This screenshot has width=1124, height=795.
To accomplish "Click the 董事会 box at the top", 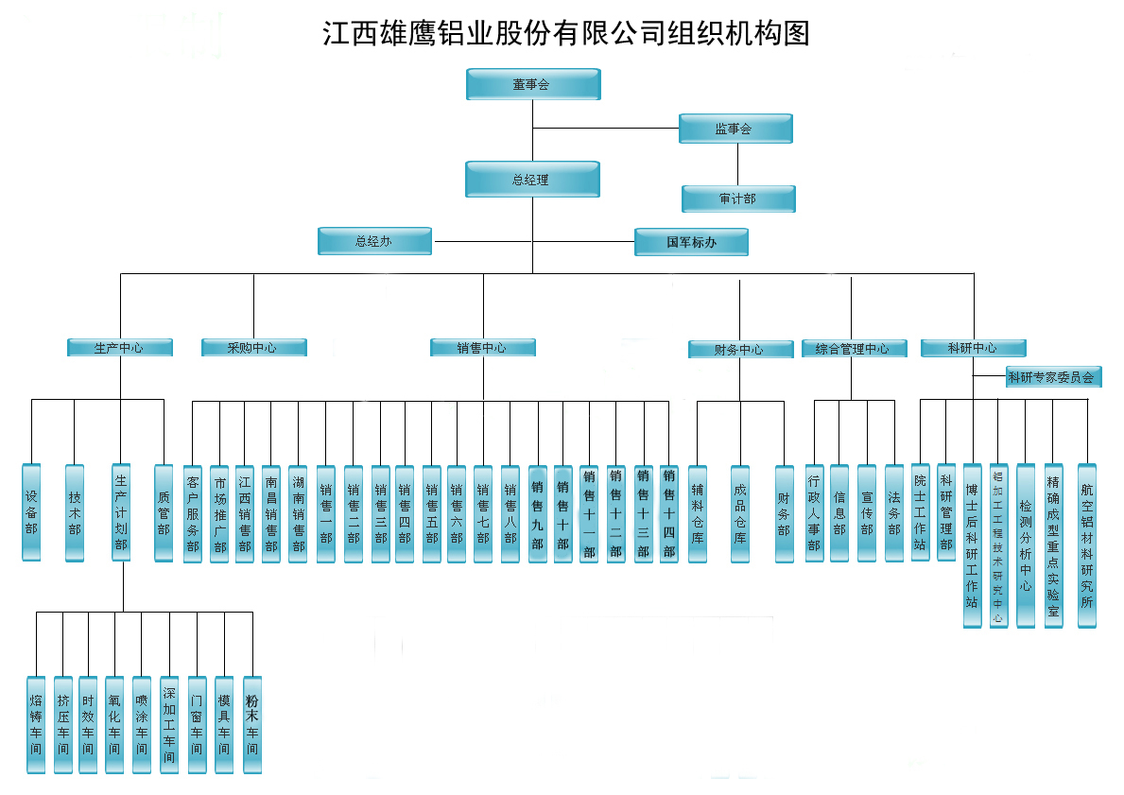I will pos(533,84).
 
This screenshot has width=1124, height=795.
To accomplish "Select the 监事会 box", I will pos(735,129).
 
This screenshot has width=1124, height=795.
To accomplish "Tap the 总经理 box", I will pos(532,179).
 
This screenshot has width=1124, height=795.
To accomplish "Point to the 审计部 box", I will pos(738,199).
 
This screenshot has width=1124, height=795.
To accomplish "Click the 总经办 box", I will pos(374,241).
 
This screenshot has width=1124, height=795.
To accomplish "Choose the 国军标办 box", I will pos(692,242).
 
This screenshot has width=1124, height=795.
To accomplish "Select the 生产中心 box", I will pos(120,348).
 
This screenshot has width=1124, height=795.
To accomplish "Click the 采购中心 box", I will pos(253,348).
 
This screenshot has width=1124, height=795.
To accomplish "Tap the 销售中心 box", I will pos(482,348).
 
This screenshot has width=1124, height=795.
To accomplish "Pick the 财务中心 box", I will pos(739,350).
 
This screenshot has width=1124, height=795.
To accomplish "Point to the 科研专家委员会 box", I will pos(1051,377).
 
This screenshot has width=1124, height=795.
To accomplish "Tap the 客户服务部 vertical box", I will pos(193,514).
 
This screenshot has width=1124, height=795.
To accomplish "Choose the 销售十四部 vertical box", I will pos(669,514).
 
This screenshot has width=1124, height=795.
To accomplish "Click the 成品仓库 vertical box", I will pos(740,514).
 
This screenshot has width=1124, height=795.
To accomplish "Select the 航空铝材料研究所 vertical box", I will pos(1087,545).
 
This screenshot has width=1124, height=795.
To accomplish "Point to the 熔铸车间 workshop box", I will pos(36,725).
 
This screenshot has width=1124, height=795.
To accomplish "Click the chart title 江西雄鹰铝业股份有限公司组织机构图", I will pos(565,34).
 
